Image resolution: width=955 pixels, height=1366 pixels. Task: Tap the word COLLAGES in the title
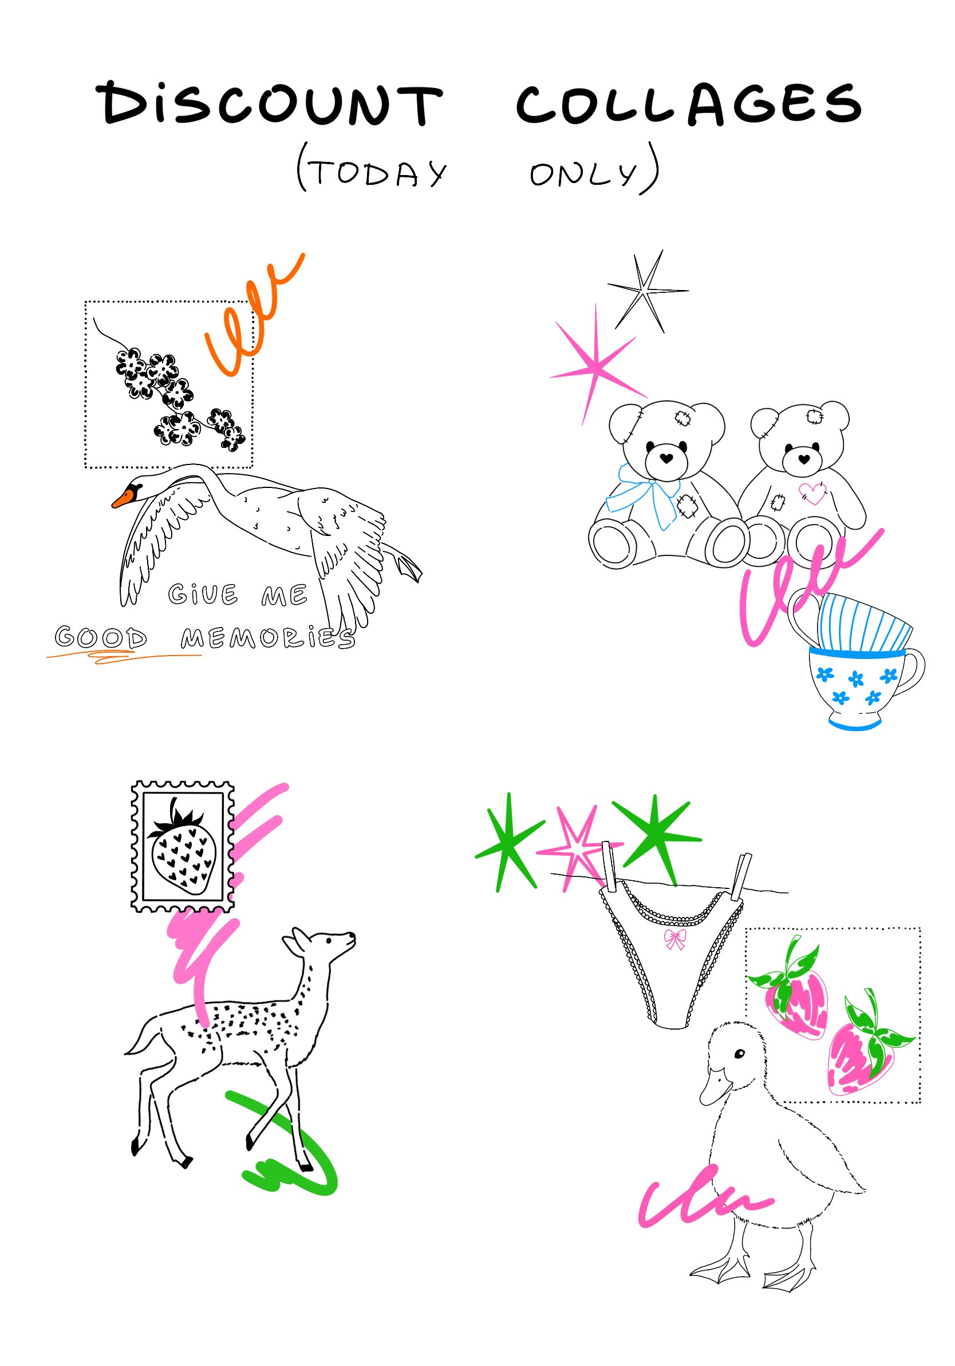pos(689,104)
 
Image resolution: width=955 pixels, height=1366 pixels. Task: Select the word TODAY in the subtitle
pos(378,173)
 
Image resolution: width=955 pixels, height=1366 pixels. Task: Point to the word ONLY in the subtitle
pos(584,174)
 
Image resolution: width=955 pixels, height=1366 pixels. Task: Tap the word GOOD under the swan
pos(101,637)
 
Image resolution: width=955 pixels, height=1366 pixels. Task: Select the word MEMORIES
pos(268,637)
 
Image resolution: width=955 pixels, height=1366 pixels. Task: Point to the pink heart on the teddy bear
pos(812,493)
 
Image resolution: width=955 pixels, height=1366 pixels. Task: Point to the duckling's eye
pos(740,1054)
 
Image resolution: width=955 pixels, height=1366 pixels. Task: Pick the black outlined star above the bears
pos(646,291)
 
